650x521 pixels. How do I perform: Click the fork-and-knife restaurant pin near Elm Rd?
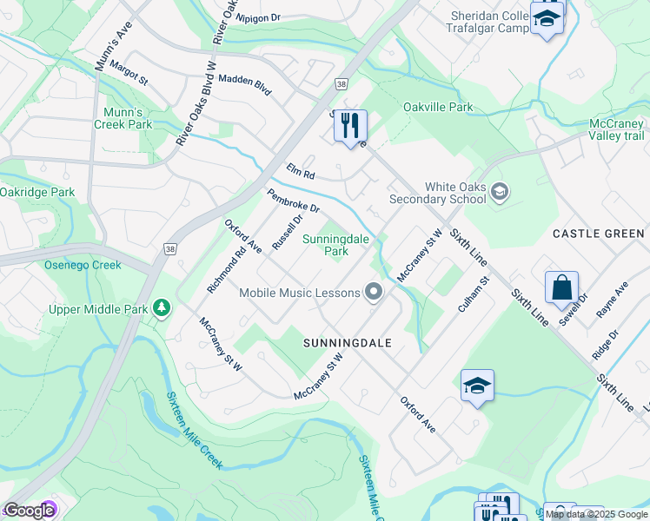point(350,126)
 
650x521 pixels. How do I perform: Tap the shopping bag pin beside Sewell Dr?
point(562,287)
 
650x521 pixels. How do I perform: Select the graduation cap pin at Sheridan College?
point(547,18)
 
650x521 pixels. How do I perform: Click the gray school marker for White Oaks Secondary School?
point(499,191)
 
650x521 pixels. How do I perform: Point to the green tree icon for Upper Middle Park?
point(161,308)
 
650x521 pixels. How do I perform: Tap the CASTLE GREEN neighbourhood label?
point(599,234)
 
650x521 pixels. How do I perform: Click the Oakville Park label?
point(437,108)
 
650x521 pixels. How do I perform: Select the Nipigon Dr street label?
point(258,16)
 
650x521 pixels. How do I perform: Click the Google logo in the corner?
point(29,511)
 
